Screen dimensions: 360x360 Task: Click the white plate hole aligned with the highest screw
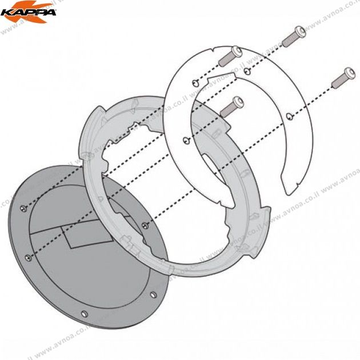coord(246,71)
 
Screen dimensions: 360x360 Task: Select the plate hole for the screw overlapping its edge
coord(196,83)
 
